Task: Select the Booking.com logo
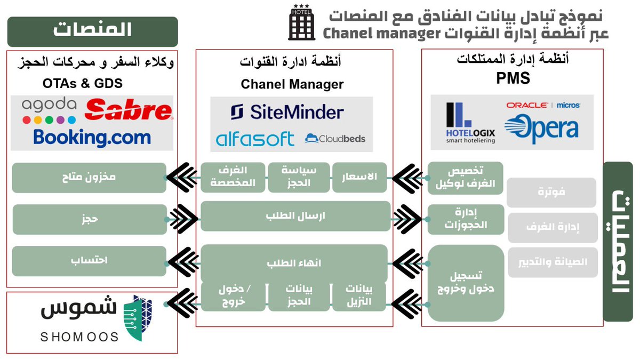tap(92, 137)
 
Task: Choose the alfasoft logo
tap(255, 139)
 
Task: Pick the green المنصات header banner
tap(92, 31)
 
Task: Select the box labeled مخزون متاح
tap(89, 178)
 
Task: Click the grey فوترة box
tap(551, 193)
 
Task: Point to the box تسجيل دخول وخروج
tap(466, 283)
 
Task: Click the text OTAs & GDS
tap(83, 83)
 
